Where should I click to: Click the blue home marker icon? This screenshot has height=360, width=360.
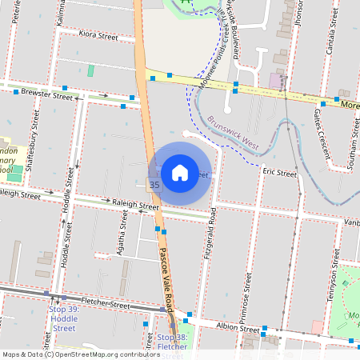[x=180, y=173]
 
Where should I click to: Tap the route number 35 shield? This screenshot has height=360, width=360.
[x=154, y=185]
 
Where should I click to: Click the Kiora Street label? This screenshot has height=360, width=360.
[x=98, y=36]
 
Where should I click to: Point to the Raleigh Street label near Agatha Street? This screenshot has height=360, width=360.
[x=136, y=206]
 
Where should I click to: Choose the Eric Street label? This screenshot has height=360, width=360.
[x=281, y=172]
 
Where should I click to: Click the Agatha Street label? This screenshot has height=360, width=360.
[x=124, y=230]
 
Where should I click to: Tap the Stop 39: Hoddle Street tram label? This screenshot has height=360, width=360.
[x=63, y=318]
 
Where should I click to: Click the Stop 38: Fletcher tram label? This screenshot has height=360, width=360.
[x=171, y=342]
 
